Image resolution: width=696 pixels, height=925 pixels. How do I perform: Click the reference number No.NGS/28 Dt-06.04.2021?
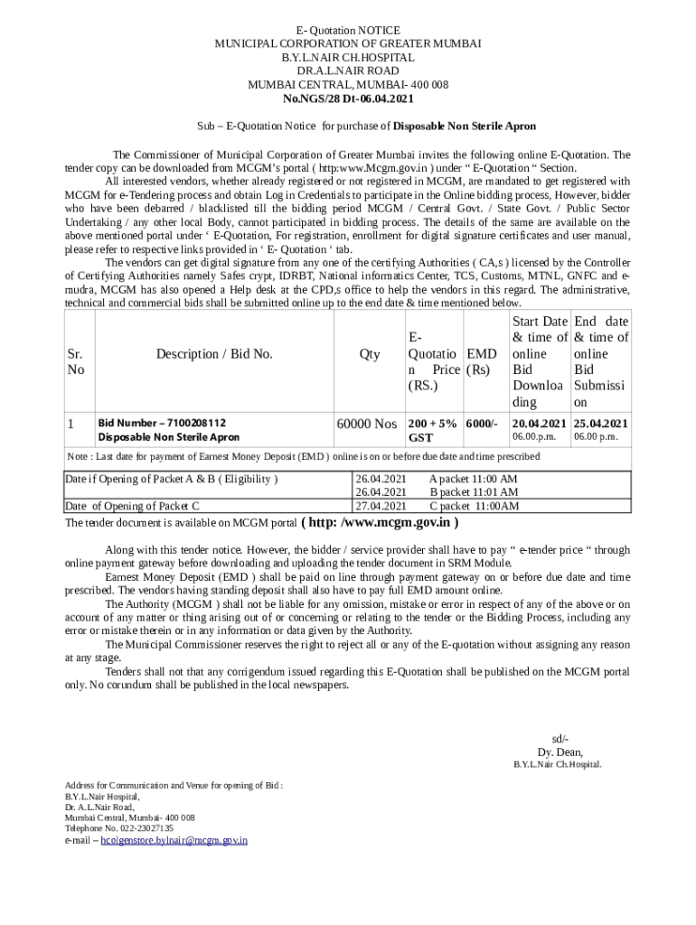pyautogui.click(x=347, y=98)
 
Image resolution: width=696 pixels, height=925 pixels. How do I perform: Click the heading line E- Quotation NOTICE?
pyautogui.click(x=347, y=31)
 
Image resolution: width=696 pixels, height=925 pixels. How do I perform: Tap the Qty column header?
pyautogui.click(x=370, y=354)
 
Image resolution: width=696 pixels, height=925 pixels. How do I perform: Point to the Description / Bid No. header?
pyautogui.click(x=214, y=354)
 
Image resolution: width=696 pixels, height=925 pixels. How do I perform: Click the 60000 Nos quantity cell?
pyautogui.click(x=366, y=423)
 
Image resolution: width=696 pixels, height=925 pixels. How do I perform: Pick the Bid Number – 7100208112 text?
pyautogui.click(x=162, y=423)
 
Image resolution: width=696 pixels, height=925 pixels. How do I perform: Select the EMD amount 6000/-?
pyautogui.click(x=482, y=423)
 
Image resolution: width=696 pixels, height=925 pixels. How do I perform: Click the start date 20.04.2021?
pyautogui.click(x=539, y=423)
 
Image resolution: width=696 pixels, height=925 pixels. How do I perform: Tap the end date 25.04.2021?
pyautogui.click(x=601, y=423)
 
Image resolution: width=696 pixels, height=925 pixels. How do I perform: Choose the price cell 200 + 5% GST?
pyautogui.click(x=432, y=430)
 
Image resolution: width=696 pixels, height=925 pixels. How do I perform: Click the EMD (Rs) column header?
pyautogui.click(x=483, y=362)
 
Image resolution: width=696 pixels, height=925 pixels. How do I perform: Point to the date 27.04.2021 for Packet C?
pyautogui.click(x=381, y=506)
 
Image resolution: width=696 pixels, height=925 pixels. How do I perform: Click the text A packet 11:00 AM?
pyautogui.click(x=473, y=479)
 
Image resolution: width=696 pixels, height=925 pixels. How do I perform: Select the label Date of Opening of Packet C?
pyautogui.click(x=132, y=506)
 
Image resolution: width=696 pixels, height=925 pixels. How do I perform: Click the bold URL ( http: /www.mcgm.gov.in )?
pyautogui.click(x=379, y=522)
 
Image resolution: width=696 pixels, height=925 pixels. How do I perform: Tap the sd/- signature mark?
pyautogui.click(x=560, y=738)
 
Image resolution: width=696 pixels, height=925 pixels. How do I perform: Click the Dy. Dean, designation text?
pyautogui.click(x=560, y=752)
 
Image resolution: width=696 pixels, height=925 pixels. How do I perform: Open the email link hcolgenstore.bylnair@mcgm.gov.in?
pyautogui.click(x=174, y=840)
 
